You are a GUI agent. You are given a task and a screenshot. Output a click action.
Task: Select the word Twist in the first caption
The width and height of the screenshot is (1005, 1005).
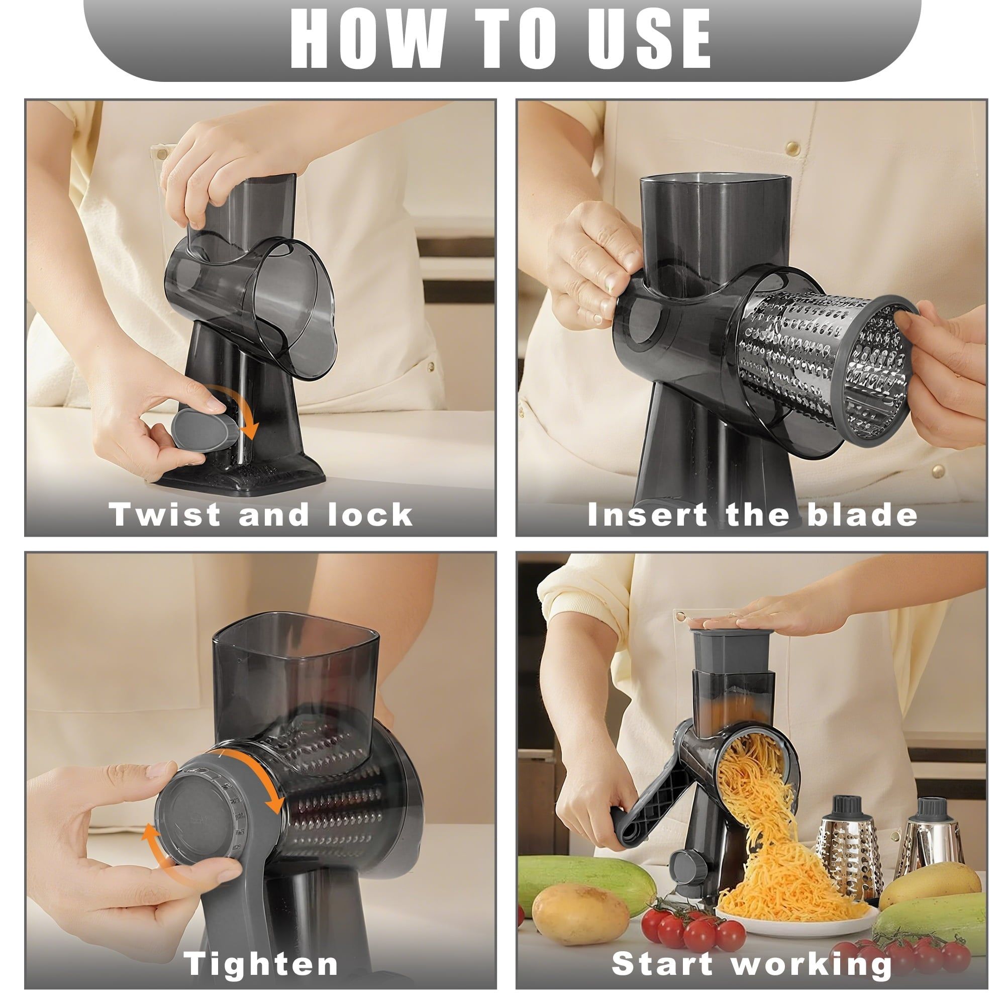coord(165,515)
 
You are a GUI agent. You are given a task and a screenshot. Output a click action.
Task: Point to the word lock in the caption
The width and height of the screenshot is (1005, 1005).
coord(370,515)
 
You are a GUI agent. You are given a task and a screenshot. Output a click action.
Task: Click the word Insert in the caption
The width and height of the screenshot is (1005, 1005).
coord(647,515)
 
